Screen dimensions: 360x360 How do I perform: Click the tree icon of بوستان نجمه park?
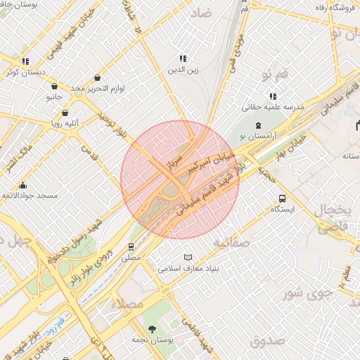(x=152, y=329)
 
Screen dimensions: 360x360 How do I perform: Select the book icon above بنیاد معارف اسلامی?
(x=187, y=257)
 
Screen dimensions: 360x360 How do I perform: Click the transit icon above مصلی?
(x=131, y=247)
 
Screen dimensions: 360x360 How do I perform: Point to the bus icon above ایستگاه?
(x=282, y=198)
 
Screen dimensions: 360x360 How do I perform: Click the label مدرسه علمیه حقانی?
(x=272, y=108)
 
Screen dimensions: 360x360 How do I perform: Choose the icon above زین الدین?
(x=183, y=59)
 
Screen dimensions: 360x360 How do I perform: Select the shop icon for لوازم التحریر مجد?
(x=97, y=77)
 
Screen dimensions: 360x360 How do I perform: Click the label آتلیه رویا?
(x=63, y=122)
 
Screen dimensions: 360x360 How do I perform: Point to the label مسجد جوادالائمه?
(x=29, y=195)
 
